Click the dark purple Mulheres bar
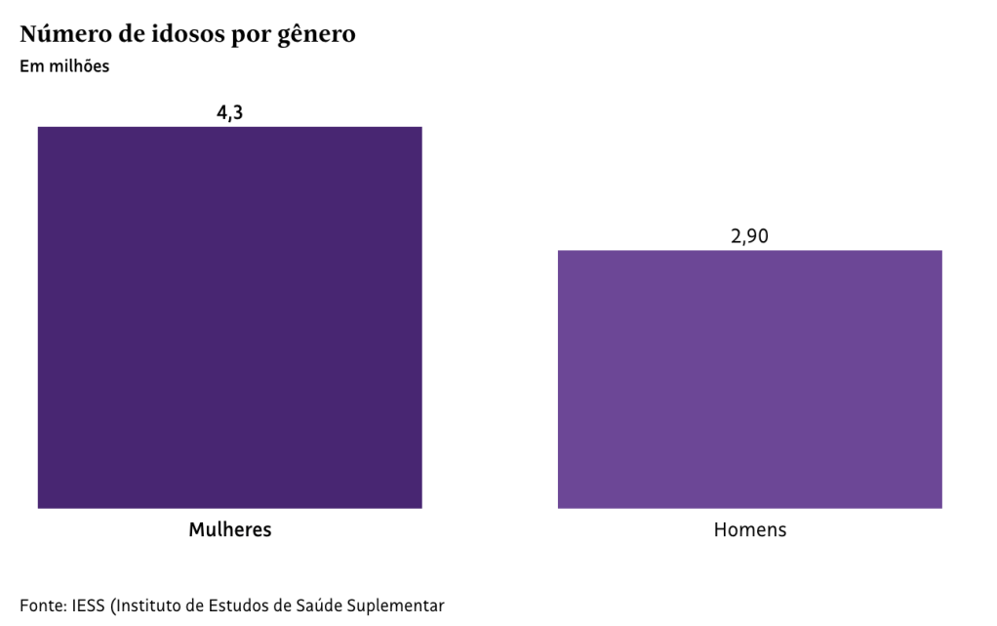tap(229, 317)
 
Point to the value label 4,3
tap(229, 112)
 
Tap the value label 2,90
tap(749, 236)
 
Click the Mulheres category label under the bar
tap(229, 530)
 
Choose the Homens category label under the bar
tap(749, 530)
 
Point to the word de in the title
tap(129, 35)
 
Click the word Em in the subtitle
tap(30, 67)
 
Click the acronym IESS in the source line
tap(90, 605)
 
